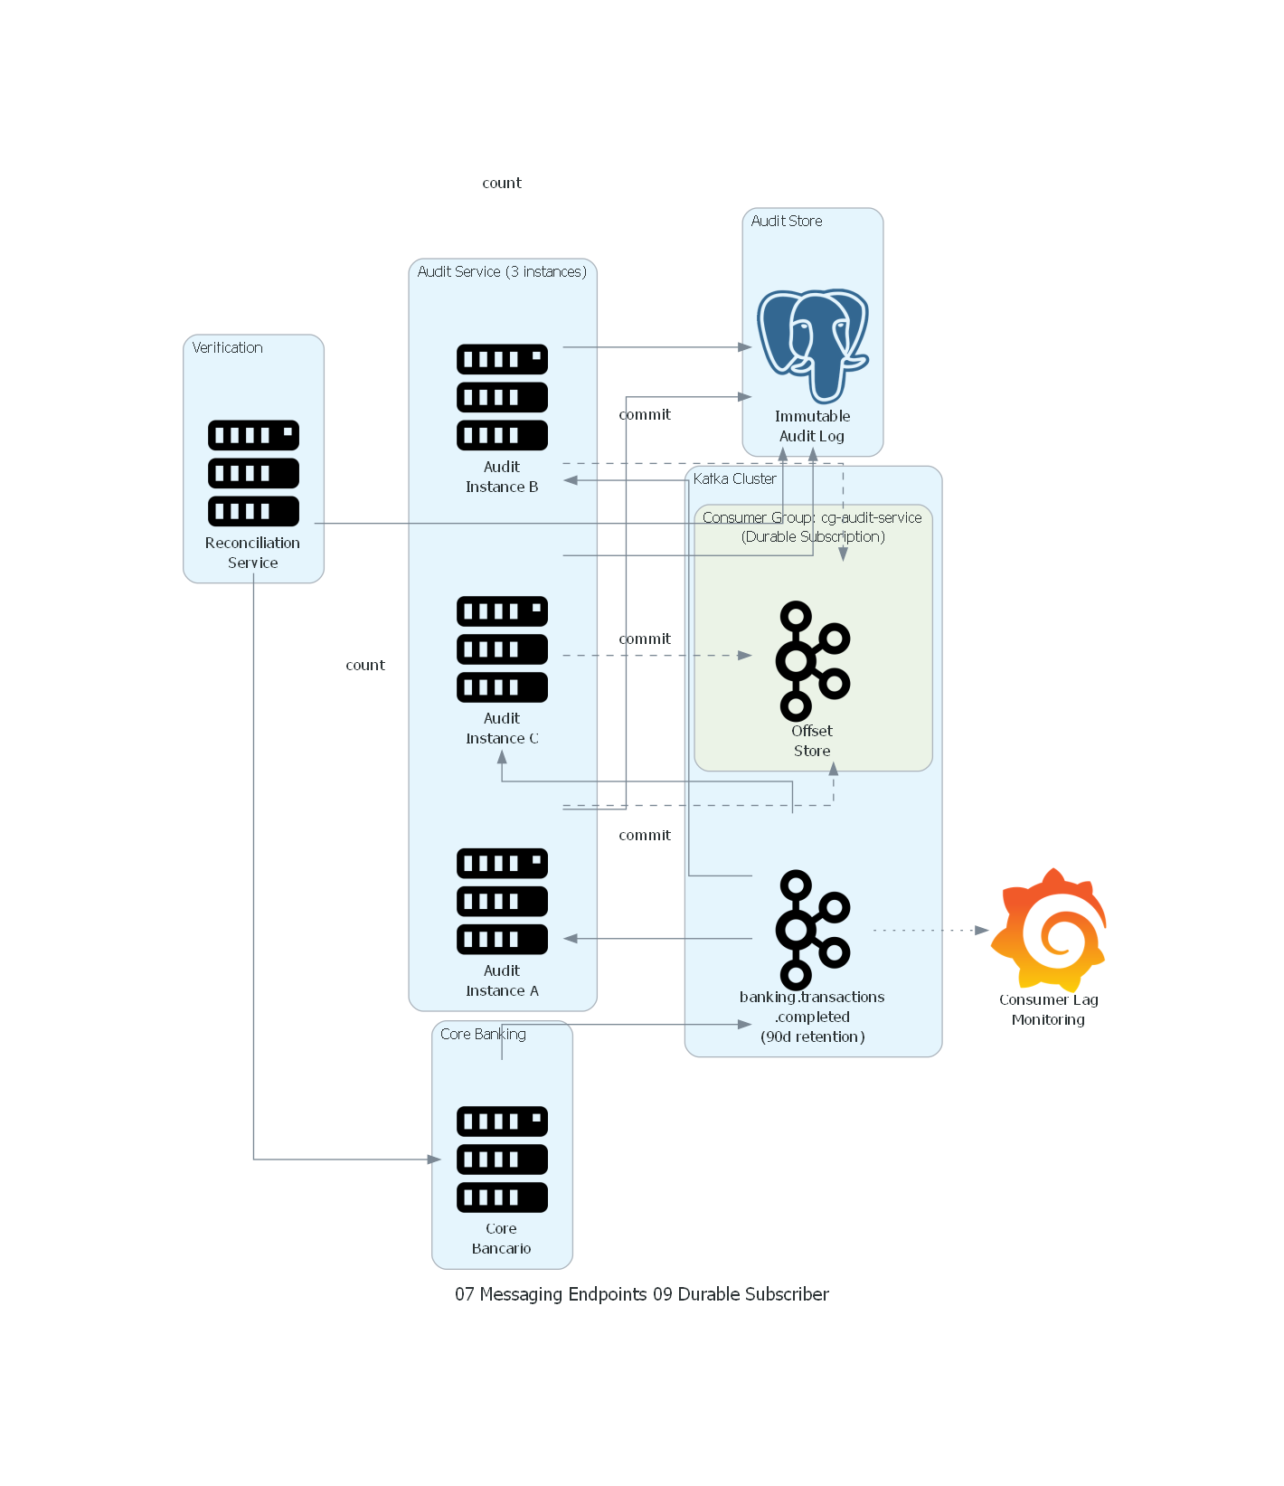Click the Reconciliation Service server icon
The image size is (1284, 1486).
(x=253, y=473)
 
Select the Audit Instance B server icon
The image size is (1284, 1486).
(x=502, y=397)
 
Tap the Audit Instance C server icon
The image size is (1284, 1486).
(x=502, y=649)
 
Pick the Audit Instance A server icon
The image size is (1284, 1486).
(x=502, y=901)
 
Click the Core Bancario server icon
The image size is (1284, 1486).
(x=502, y=1159)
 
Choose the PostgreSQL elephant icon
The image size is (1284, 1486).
(x=813, y=345)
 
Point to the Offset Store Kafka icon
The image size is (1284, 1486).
(x=812, y=660)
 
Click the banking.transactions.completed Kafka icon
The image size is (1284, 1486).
(x=812, y=930)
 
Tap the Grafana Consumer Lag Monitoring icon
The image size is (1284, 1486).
(x=1049, y=930)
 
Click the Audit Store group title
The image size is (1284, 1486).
(x=787, y=222)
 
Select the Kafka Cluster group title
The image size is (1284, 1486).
(x=734, y=479)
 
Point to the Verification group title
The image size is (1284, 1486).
(x=227, y=348)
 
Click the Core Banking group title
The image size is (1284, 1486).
(x=483, y=1035)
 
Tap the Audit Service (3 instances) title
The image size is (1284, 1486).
(x=502, y=272)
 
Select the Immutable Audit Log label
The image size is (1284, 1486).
(x=812, y=426)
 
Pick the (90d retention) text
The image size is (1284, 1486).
(x=812, y=1037)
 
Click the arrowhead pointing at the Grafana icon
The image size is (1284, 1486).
(x=982, y=930)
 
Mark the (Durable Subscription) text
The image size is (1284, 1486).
(x=813, y=537)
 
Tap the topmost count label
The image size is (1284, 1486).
(x=502, y=184)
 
